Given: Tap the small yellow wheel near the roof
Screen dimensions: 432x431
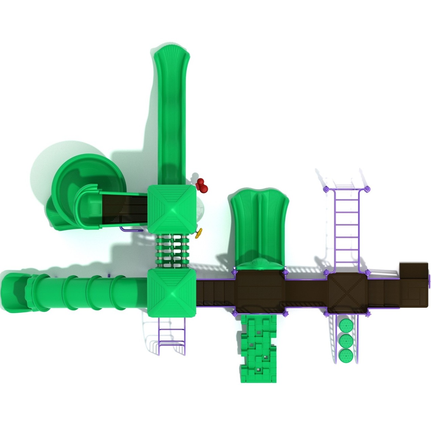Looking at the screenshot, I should tap(199, 233).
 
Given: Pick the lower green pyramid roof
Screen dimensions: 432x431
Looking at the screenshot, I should tap(172, 293).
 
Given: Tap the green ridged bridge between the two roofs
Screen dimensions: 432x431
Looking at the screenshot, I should tap(172, 251).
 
